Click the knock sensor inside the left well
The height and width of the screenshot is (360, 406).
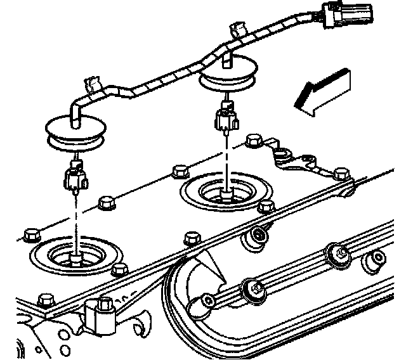coord(75,257)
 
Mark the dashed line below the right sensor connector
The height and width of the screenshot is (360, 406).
coord(226,158)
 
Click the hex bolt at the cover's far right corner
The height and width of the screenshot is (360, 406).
coord(341,173)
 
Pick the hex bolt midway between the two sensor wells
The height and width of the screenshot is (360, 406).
coord(180,170)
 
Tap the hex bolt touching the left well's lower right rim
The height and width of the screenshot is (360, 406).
coord(117,271)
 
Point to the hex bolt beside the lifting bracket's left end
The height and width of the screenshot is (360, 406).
coord(255,140)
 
